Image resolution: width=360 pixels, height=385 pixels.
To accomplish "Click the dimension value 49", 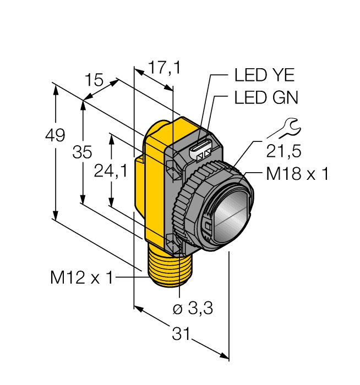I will point(56,135).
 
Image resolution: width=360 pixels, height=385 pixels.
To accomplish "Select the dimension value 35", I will point(83,153).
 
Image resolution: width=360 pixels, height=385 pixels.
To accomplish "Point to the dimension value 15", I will point(94,81).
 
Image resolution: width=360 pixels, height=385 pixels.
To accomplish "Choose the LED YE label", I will point(264,75).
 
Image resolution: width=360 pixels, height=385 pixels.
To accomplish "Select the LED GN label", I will point(265,98).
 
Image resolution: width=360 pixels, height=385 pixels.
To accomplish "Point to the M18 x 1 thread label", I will point(297,174).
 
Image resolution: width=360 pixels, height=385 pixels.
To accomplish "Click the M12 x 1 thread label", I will point(81,278).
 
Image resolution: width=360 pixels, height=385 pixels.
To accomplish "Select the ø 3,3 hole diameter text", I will point(193,309).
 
